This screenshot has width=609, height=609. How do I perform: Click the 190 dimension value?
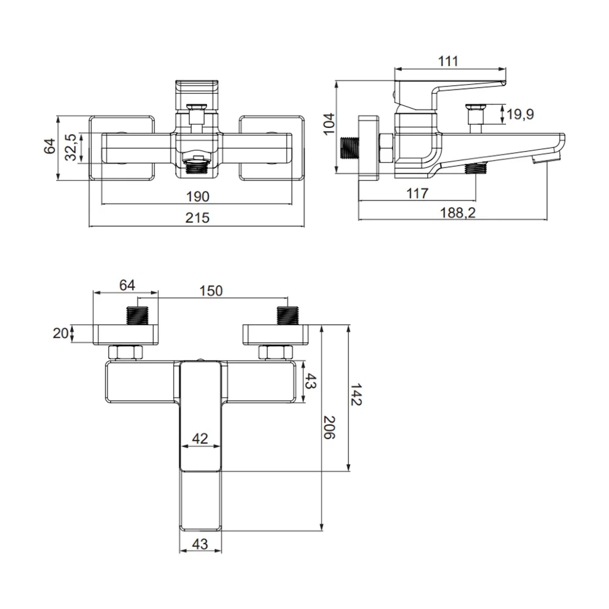(x=198, y=197)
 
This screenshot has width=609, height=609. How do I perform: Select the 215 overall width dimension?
(x=197, y=218)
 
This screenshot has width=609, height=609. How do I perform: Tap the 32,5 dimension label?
(x=71, y=147)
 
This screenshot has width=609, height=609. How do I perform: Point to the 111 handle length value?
(x=448, y=61)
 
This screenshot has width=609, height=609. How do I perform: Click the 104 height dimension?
(x=329, y=124)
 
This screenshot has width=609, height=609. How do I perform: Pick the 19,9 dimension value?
(x=521, y=114)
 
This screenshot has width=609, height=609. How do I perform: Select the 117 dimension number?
(x=417, y=193)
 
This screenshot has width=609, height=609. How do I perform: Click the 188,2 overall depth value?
(x=457, y=213)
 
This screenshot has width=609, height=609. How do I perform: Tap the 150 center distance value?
(x=211, y=291)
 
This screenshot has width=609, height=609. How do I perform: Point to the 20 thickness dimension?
(x=60, y=333)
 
